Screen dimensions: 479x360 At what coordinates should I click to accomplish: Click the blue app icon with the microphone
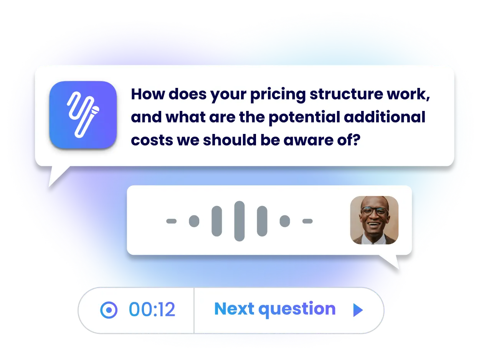click(x=83, y=115)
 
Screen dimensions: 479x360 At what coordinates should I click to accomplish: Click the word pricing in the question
click(x=278, y=95)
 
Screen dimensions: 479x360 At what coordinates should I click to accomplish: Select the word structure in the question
click(x=346, y=94)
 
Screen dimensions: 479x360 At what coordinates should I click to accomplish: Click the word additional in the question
click(x=385, y=117)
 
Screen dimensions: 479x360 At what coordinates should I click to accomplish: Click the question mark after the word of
click(x=356, y=140)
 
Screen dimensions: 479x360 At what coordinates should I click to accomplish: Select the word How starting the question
click(x=148, y=94)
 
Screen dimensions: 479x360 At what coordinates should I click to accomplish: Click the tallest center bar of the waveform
click(x=240, y=221)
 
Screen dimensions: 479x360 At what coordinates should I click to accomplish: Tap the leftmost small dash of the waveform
click(x=171, y=221)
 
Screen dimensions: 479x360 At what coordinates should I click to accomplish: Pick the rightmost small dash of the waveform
click(x=307, y=221)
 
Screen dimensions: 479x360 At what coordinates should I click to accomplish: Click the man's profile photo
click(x=374, y=220)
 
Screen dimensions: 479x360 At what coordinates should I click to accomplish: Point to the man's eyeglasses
click(x=375, y=211)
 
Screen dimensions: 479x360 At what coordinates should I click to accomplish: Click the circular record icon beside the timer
click(x=109, y=310)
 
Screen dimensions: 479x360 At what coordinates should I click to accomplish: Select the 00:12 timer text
click(x=152, y=309)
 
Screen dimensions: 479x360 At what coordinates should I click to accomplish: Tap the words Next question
click(x=275, y=309)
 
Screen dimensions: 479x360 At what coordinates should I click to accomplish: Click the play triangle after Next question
click(x=358, y=310)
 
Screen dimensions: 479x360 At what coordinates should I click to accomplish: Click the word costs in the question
click(x=152, y=140)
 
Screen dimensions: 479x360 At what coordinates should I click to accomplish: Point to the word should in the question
click(x=230, y=140)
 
